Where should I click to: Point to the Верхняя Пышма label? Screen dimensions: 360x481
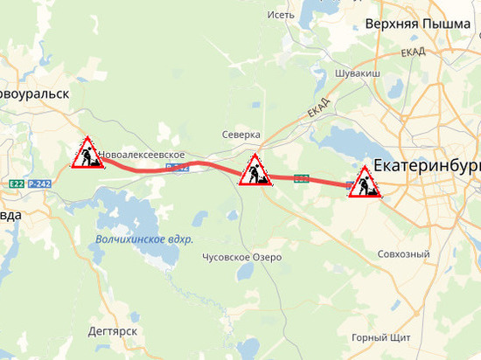pyautogui.click(x=417, y=24)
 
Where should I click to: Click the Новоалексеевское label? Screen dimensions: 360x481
pyautogui.click(x=143, y=155)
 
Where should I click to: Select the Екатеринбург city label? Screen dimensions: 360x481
pyautogui.click(x=427, y=165)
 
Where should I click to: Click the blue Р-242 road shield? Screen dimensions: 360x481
pyautogui.click(x=40, y=183)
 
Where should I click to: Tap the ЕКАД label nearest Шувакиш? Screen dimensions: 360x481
pyautogui.click(x=414, y=53)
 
